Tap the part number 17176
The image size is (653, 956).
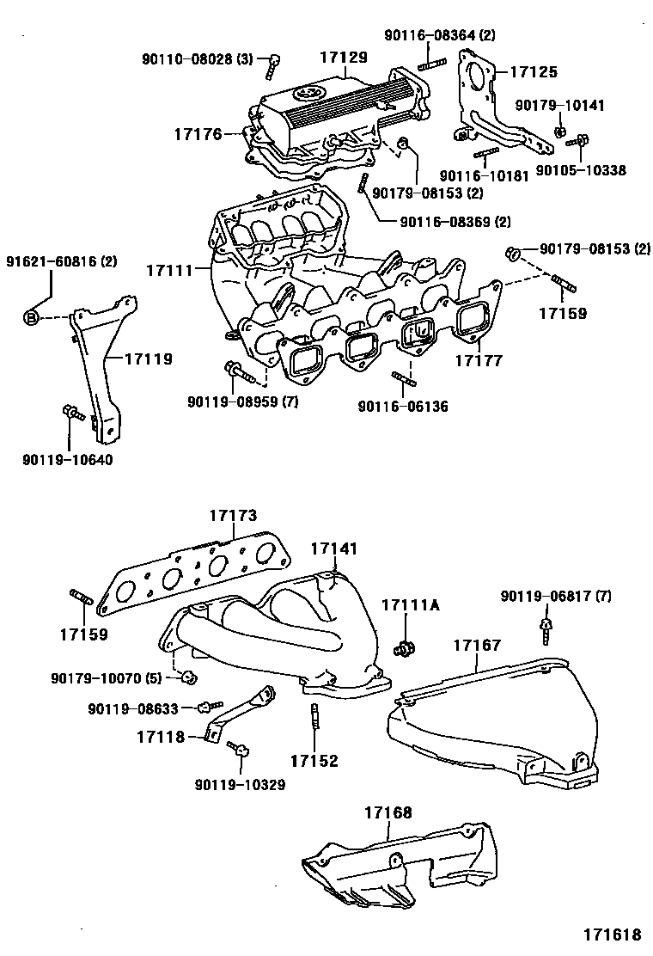coord(198,134)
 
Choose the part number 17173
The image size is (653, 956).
coord(233,516)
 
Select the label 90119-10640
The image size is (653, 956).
coord(68,459)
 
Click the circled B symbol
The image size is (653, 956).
coord(31,319)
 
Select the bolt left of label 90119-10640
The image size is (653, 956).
coord(72,414)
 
